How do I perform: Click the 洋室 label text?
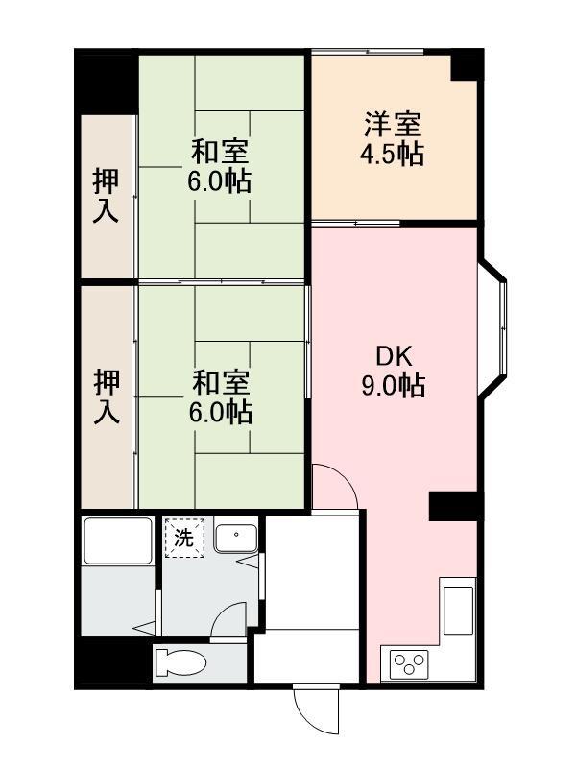click(x=393, y=125)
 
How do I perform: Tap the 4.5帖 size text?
click(x=393, y=155)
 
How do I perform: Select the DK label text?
click(x=394, y=356)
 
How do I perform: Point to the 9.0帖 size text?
click(x=394, y=386)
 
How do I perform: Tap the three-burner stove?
click(x=409, y=664)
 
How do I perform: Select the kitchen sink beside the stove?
click(x=458, y=611)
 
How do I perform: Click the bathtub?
click(x=117, y=540)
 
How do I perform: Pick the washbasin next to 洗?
click(x=236, y=539)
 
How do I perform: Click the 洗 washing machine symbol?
click(x=184, y=539)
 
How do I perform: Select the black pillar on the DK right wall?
click(x=454, y=506)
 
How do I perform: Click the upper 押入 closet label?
click(x=106, y=196)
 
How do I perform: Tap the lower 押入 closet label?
click(x=107, y=396)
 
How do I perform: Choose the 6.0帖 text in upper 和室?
click(x=219, y=182)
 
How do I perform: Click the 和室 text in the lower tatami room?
click(x=221, y=383)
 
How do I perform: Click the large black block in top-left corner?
click(x=107, y=82)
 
